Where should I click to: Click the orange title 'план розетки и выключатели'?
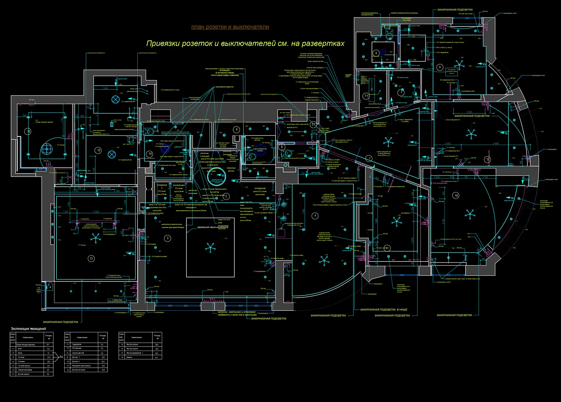pos(230,27)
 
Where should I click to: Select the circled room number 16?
pos(29,132)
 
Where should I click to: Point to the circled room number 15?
pos(98,150)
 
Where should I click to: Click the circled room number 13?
pos(91,258)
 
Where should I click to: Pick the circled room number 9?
pos(440,67)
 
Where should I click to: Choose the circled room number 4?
pos(315,215)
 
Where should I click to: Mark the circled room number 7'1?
pos(366,96)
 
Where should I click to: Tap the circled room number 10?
pos(456,196)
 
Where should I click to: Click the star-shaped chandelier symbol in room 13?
pos(95,239)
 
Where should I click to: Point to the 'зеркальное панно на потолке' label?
pos(213,227)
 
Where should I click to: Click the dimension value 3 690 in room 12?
pos(496,144)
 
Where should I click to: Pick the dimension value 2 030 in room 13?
pos(96,212)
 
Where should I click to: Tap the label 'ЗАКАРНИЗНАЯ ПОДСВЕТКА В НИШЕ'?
pos(383,309)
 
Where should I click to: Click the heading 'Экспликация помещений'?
pos(28,328)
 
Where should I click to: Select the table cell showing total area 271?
pos(48,345)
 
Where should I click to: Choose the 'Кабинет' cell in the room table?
pos(130,357)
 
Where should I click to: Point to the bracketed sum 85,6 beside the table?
pos(61,356)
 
